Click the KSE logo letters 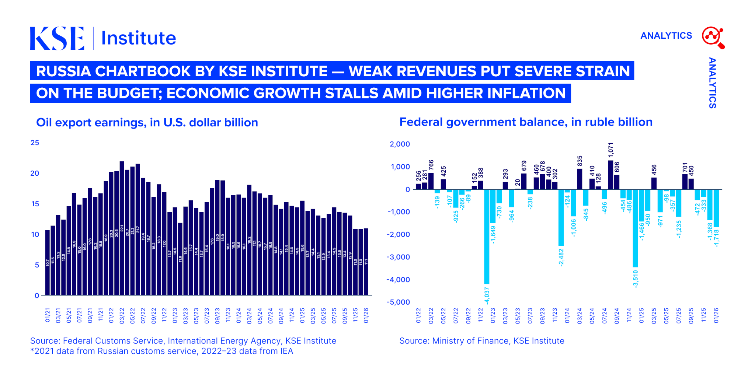click(x=57, y=38)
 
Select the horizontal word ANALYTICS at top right click(x=666, y=36)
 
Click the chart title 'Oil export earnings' click(x=147, y=123)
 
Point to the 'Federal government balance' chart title click(x=526, y=122)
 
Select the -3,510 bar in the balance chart click(x=635, y=228)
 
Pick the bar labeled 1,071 click(x=610, y=175)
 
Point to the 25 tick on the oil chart click(x=35, y=143)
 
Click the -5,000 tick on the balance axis click(x=398, y=302)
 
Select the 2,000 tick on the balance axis click(x=400, y=144)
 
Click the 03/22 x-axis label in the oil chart click(x=122, y=316)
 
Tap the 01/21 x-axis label click(x=48, y=316)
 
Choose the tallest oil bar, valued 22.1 click(x=122, y=228)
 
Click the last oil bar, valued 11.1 click(x=366, y=262)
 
